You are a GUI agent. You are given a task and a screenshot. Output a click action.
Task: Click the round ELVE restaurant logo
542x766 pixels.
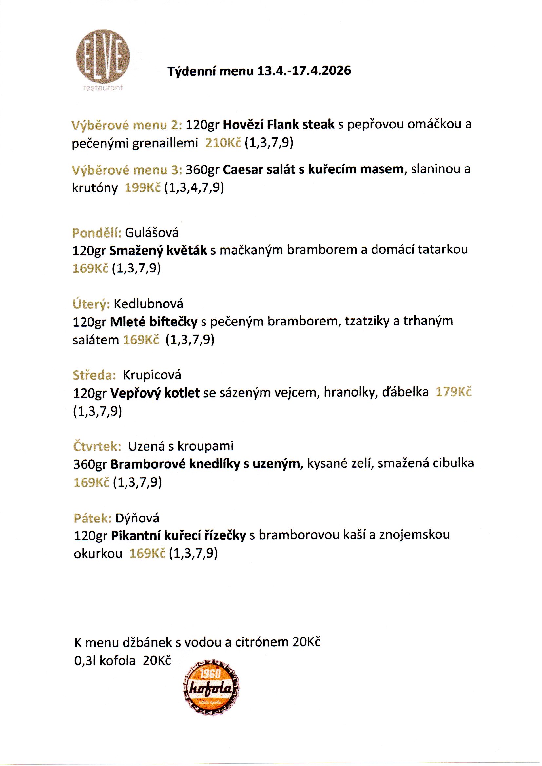coord(103,56)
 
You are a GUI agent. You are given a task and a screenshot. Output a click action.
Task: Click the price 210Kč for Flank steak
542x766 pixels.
coord(223,143)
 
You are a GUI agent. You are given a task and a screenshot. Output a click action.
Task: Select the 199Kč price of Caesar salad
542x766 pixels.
coord(143,187)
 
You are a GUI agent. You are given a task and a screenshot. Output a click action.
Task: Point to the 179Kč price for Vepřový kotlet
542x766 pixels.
coord(454,392)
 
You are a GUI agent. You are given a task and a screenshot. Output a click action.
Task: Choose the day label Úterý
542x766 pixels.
coord(91,304)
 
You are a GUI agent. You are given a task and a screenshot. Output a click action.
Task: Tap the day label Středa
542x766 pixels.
coord(94,375)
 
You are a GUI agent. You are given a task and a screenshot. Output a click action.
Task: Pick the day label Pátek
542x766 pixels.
coord(92,518)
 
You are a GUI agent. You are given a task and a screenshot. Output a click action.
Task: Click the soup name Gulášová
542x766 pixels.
coord(152,233)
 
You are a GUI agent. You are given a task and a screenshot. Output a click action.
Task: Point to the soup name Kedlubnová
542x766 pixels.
coord(148,304)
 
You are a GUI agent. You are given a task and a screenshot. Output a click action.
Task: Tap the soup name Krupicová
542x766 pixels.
coord(152,375)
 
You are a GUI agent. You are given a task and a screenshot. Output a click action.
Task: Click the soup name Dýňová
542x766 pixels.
coord(137,518)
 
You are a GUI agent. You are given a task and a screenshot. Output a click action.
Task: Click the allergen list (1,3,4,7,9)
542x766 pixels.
coord(194,187)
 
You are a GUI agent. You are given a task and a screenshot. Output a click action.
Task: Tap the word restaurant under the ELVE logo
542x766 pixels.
coord(103,88)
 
